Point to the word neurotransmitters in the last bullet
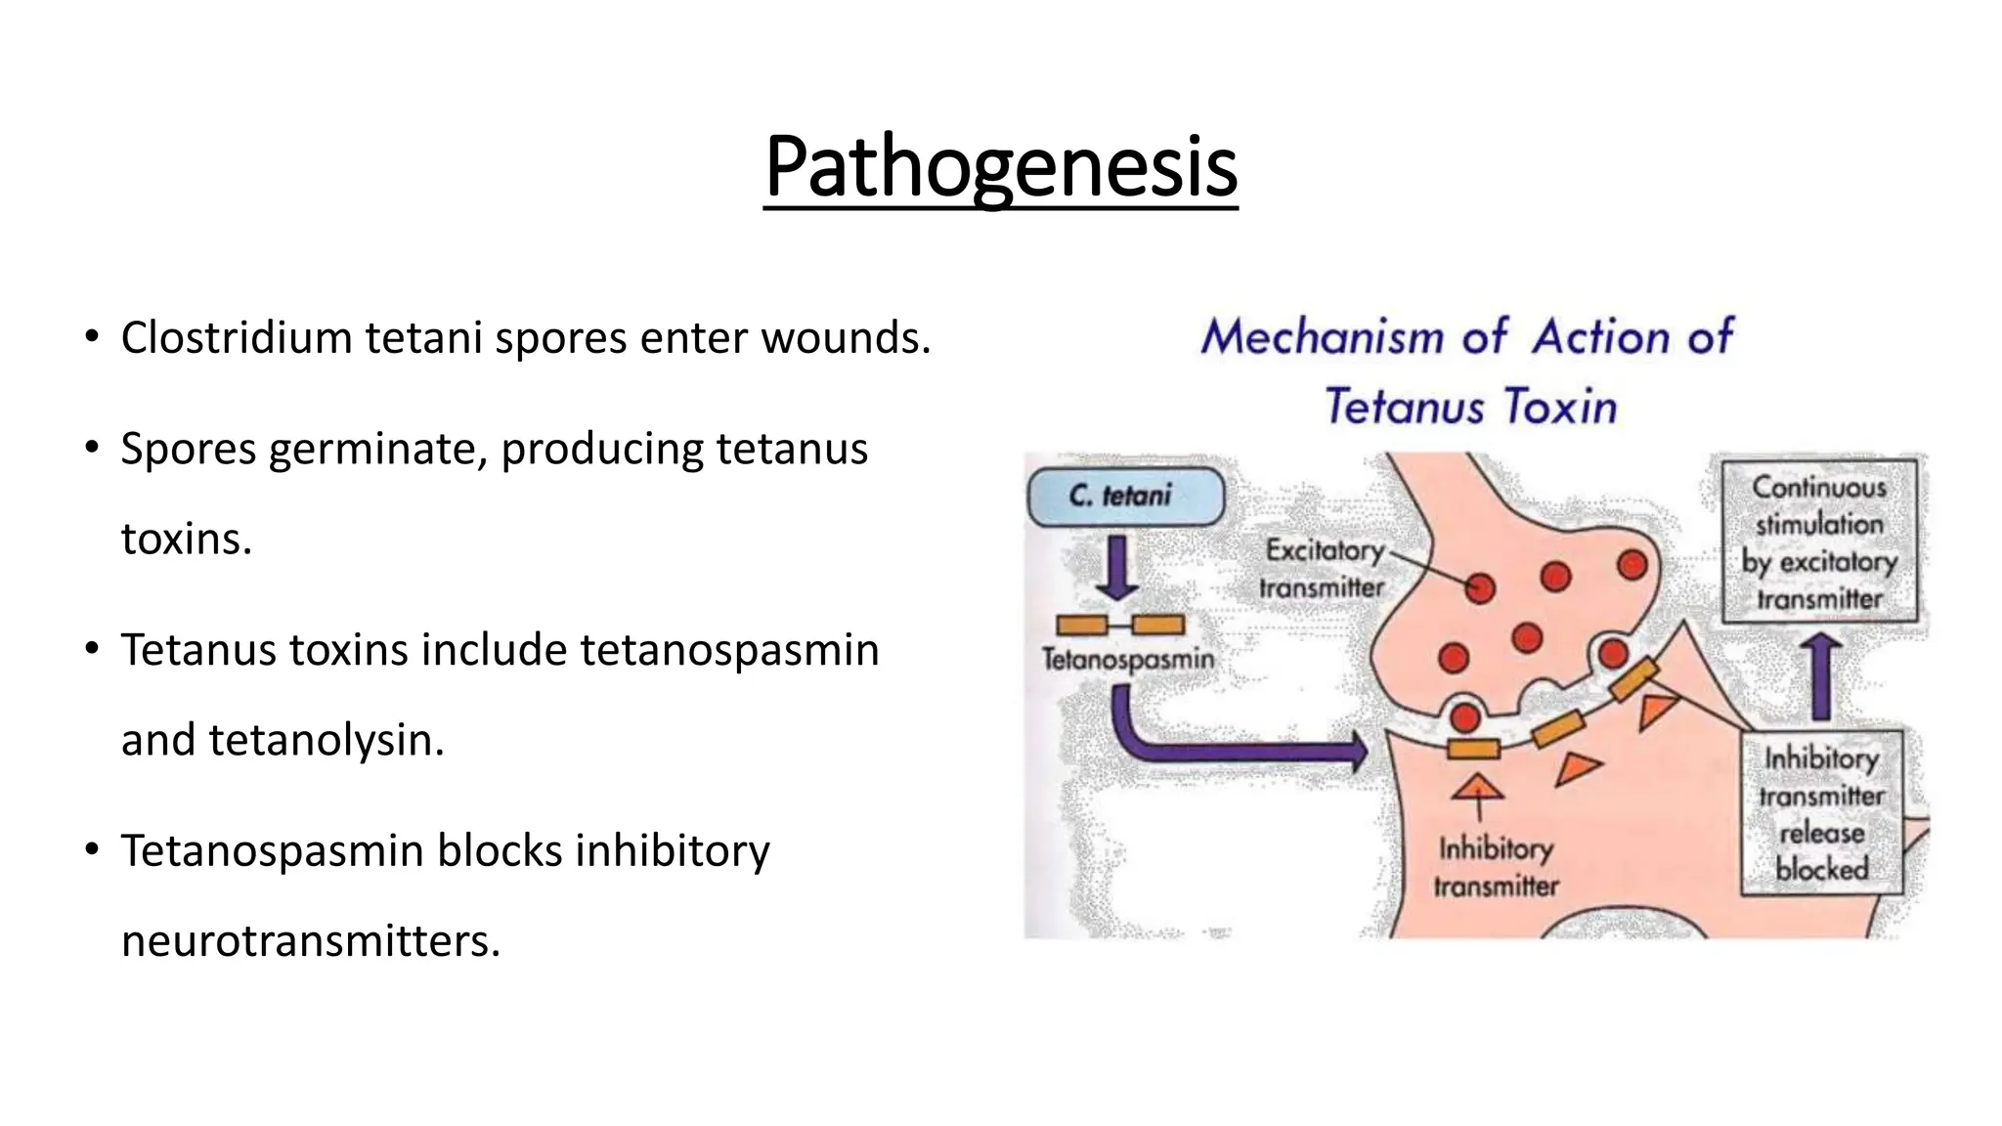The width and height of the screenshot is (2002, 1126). click(x=310, y=941)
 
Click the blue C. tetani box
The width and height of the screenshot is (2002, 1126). click(x=1125, y=497)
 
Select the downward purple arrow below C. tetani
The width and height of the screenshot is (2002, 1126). click(x=1117, y=567)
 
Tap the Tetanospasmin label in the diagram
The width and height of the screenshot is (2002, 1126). click(x=1128, y=660)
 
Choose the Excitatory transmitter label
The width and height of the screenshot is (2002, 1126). click(x=1323, y=569)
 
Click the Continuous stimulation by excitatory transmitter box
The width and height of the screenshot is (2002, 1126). click(x=1819, y=541)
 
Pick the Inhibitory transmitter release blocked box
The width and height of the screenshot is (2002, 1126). click(x=1822, y=813)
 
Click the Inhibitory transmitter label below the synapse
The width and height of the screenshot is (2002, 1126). click(x=1496, y=867)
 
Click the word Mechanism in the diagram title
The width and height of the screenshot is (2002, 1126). click(x=1322, y=337)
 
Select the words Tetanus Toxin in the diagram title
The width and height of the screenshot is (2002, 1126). click(x=1470, y=407)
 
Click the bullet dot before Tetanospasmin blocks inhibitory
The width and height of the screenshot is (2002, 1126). click(x=92, y=849)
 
